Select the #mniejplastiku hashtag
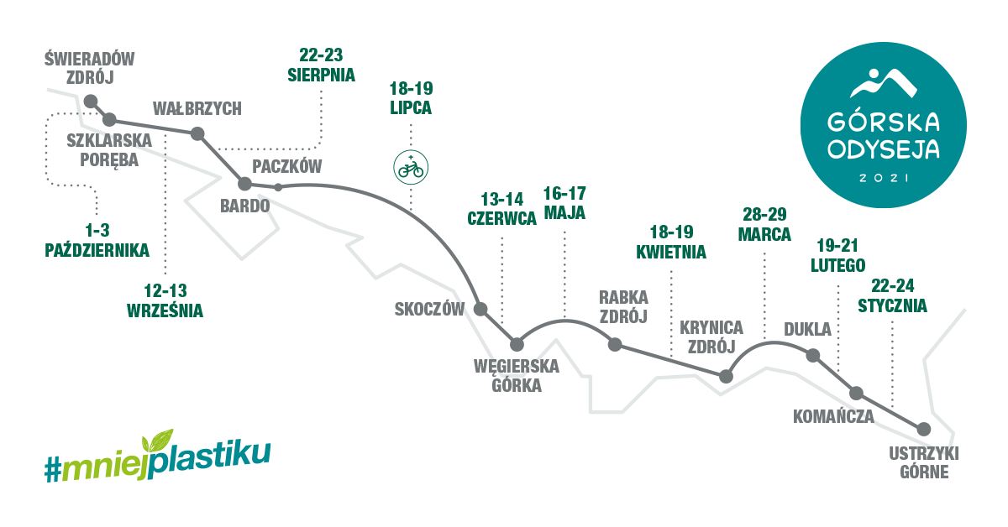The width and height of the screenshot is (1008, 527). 158,457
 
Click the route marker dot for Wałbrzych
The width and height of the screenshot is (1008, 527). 198,133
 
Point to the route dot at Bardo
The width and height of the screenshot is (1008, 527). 244,183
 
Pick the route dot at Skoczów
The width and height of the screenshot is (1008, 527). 480,309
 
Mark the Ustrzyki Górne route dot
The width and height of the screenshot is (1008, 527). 923,428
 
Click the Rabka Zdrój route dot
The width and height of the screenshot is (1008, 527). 615,344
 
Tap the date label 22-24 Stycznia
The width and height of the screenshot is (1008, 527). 892,297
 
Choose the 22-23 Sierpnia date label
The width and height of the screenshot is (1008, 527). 321,65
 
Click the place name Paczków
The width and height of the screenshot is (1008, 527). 287,165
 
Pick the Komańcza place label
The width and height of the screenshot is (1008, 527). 833,415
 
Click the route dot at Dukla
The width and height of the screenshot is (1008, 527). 812,356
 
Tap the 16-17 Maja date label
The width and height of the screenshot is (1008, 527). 564,202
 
